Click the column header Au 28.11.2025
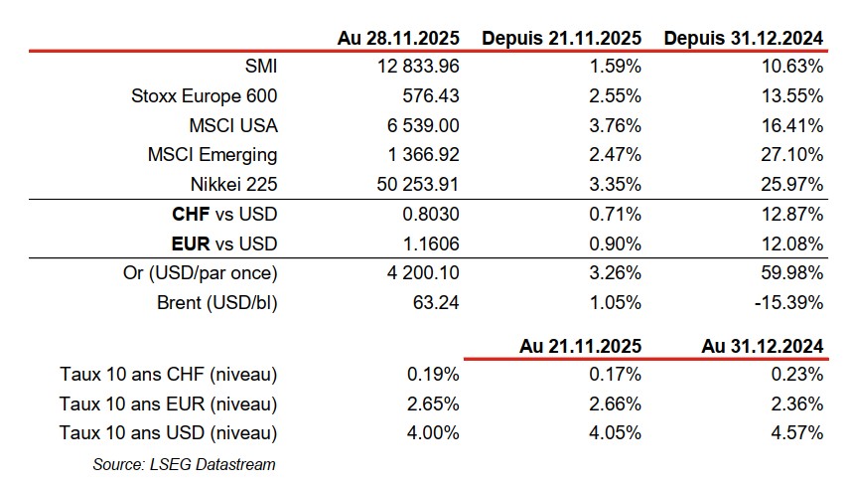399,39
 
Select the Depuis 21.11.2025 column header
562,39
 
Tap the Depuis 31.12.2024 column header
744,39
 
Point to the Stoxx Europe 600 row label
205,96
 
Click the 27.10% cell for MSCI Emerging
793,155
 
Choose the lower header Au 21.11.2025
580,346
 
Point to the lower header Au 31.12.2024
762,346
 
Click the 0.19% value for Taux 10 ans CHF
433,375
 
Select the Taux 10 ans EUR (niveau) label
168,404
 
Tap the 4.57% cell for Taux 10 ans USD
797,433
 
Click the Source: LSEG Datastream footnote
184,463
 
